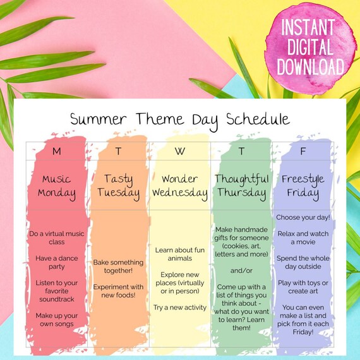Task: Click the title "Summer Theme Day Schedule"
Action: pos(179,119)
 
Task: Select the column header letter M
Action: pos(57,151)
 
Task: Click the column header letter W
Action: pos(180,151)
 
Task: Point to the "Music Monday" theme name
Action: pos(57,186)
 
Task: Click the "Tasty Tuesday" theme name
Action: pos(118,186)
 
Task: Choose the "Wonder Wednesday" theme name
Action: pos(180,186)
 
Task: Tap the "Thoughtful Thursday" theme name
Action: pos(241,186)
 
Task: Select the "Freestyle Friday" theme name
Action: pos(302,186)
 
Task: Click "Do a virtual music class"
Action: pos(57,237)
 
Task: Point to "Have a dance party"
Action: pos(57,262)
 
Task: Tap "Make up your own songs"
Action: pos(57,320)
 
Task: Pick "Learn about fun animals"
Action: pos(180,254)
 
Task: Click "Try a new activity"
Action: pos(180,307)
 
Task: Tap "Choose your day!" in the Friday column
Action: pos(302,217)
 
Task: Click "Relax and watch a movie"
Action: pos(302,237)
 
